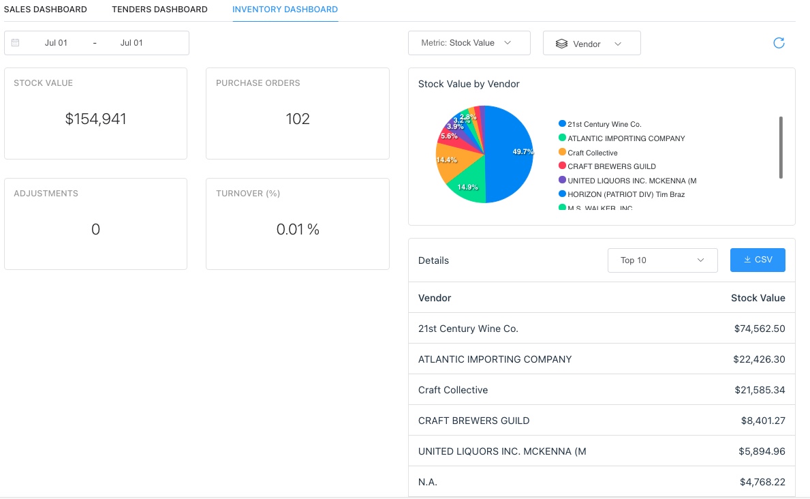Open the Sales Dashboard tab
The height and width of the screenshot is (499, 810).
tap(46, 10)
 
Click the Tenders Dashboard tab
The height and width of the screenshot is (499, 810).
tap(159, 10)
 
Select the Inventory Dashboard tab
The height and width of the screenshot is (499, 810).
tap(285, 10)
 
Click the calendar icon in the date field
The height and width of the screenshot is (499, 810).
tap(16, 43)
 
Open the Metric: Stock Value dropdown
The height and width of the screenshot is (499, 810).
tap(469, 43)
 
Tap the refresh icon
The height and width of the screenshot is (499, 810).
tap(779, 43)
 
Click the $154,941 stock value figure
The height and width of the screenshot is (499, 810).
tap(95, 119)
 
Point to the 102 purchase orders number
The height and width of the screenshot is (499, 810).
tap(298, 119)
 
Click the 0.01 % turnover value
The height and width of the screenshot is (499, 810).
tap(298, 230)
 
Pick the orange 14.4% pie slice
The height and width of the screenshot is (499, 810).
tap(450, 164)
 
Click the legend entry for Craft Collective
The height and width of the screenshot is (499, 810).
tap(592, 153)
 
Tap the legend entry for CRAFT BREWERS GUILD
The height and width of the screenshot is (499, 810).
tap(611, 166)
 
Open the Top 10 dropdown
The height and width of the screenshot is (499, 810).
tap(662, 260)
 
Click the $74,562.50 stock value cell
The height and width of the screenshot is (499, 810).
tap(759, 329)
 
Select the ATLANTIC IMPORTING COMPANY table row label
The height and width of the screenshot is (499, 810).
tap(495, 359)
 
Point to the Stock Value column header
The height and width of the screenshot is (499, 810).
tap(758, 298)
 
